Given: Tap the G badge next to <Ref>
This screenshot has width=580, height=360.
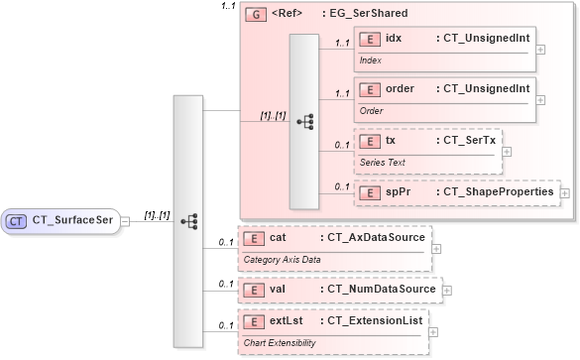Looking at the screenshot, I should click(x=256, y=15).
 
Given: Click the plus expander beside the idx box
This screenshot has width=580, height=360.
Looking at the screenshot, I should click(x=540, y=48).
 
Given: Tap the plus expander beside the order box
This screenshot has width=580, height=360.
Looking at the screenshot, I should click(x=540, y=97).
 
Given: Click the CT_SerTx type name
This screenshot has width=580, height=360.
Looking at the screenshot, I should click(x=467, y=140).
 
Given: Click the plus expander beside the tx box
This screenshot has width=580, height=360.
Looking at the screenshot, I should click(x=507, y=152).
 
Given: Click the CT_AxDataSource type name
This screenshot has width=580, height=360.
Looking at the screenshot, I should click(x=372, y=238).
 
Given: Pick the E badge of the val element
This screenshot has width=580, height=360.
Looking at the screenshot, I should click(x=254, y=289).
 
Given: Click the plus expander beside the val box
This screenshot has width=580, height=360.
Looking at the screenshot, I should click(x=445, y=290).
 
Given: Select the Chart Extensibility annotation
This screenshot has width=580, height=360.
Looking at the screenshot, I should click(x=282, y=342).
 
